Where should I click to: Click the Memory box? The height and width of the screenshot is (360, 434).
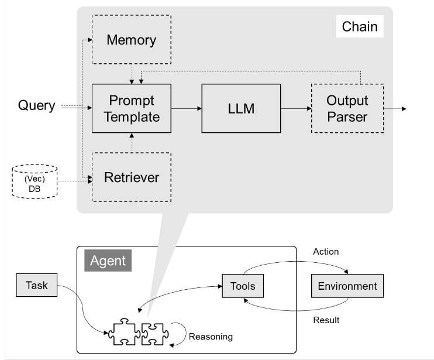(x=131, y=40)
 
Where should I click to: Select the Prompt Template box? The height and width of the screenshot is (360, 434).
(x=131, y=108)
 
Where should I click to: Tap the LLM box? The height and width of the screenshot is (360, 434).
(x=240, y=108)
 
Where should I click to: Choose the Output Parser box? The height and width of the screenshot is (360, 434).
(x=347, y=108)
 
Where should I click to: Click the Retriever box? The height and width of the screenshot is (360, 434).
(x=131, y=177)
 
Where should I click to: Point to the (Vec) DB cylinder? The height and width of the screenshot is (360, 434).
(x=35, y=181)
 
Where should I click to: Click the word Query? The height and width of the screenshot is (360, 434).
(x=36, y=106)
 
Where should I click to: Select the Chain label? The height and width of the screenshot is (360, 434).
(x=359, y=26)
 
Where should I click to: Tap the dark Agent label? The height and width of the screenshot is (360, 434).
(x=108, y=259)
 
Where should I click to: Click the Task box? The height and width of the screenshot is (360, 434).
(x=37, y=286)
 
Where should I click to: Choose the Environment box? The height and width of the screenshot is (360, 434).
(x=347, y=286)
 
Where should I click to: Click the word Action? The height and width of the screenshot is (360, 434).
(x=326, y=252)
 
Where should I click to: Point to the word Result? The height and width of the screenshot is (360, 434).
(x=326, y=320)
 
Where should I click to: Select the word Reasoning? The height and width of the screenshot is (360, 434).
(x=210, y=337)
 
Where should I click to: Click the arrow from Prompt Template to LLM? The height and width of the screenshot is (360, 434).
(x=186, y=108)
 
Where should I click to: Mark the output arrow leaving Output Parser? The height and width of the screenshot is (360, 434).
(x=395, y=108)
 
